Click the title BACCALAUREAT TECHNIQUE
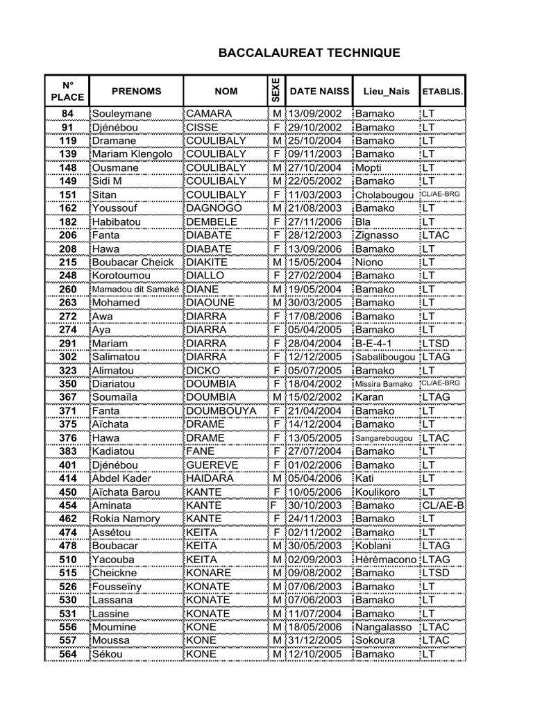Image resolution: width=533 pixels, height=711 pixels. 309,53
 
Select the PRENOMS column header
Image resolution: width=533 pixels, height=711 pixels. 136,91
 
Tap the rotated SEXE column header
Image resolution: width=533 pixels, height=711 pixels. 275,91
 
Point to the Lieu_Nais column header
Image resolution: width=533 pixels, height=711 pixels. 386,91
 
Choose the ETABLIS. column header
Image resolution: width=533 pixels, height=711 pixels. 443,92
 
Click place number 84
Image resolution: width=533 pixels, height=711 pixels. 67,113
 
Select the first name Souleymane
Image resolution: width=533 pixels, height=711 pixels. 121,113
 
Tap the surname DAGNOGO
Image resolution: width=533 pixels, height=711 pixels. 214,208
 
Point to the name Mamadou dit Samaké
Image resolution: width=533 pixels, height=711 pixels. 136,290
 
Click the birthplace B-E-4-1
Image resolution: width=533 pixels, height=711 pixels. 374,344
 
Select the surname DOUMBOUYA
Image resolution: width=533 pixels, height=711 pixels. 221,411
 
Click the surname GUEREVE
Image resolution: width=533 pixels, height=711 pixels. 212,465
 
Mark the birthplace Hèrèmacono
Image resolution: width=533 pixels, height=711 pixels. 386,560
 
